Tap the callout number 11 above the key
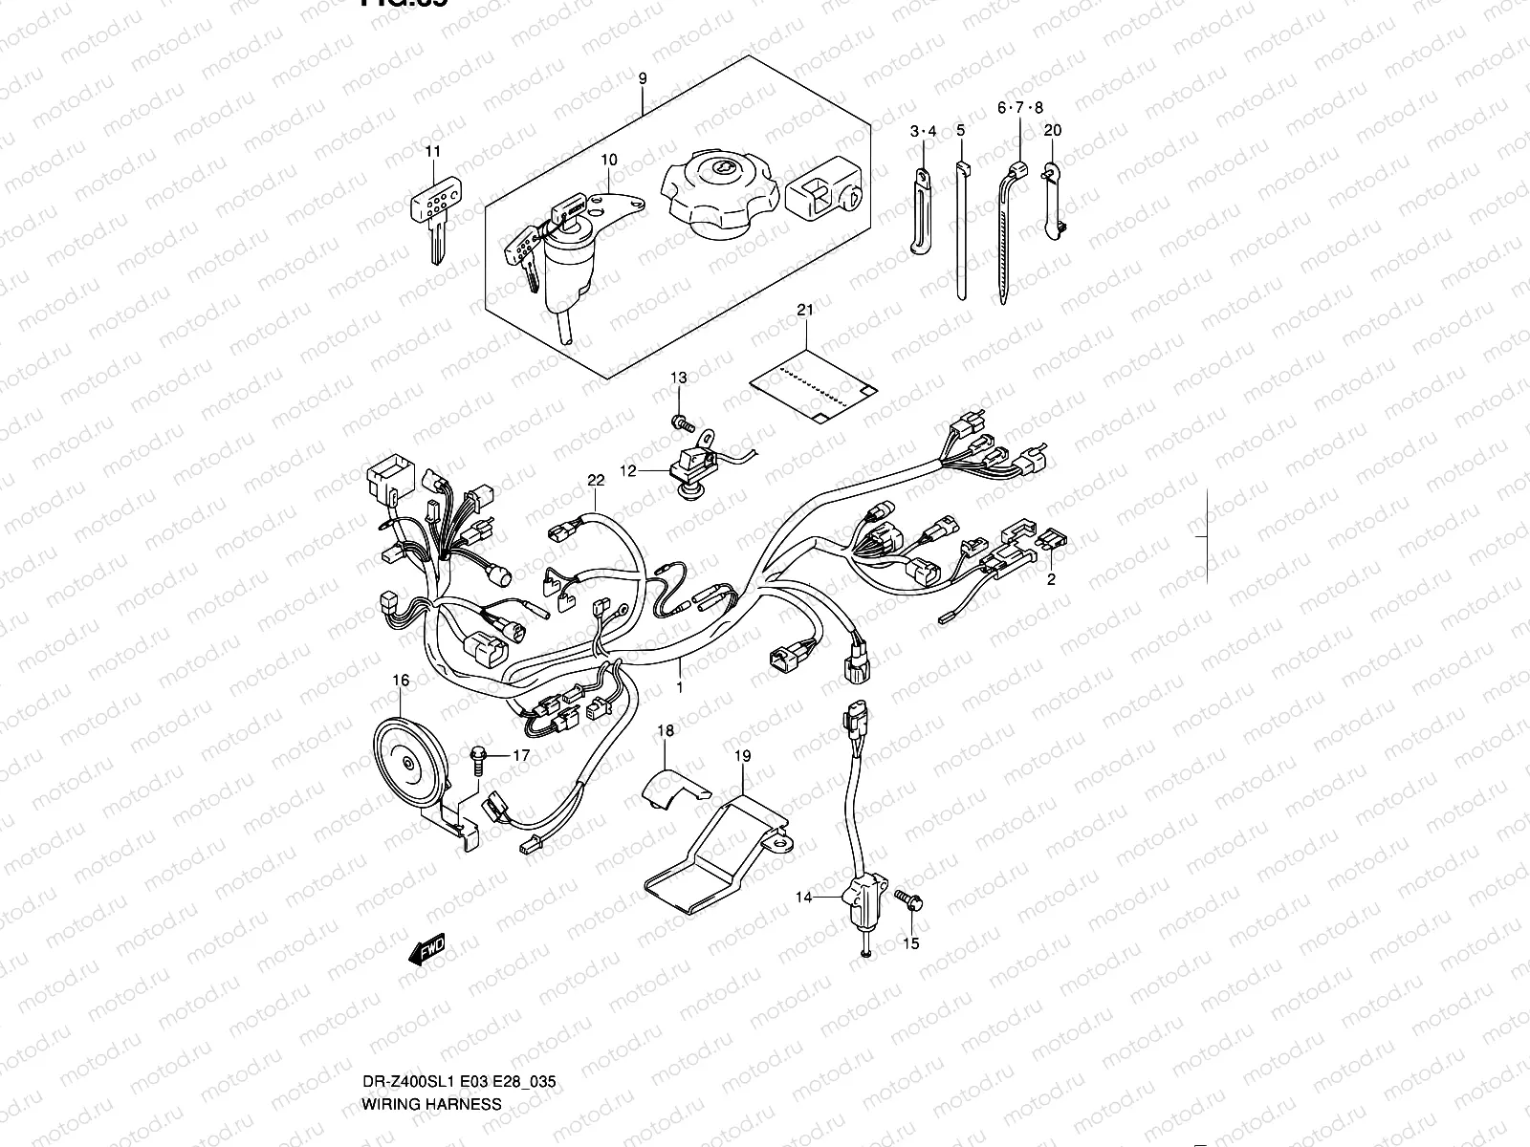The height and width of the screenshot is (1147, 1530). point(433,151)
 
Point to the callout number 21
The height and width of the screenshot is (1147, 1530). point(804,310)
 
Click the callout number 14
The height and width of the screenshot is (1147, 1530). point(803,897)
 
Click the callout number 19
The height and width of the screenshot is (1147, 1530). point(742,756)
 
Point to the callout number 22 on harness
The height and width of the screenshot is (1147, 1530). point(596,480)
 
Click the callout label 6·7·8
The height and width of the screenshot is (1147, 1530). point(1020,108)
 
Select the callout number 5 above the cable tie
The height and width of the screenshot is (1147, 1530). point(960,129)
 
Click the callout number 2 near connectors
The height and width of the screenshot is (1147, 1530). point(1051,578)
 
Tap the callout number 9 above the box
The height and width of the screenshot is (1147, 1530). point(643,78)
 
